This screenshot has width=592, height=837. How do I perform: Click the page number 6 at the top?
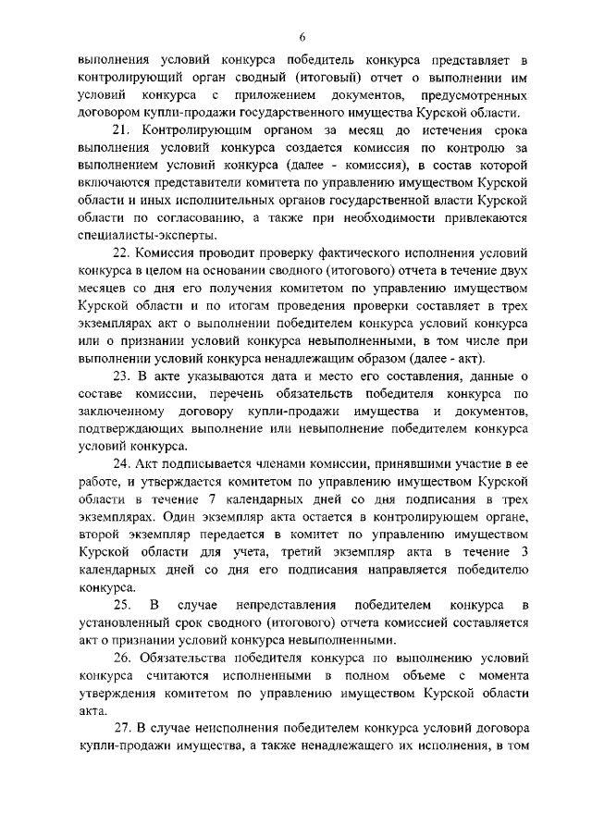click(302, 37)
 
